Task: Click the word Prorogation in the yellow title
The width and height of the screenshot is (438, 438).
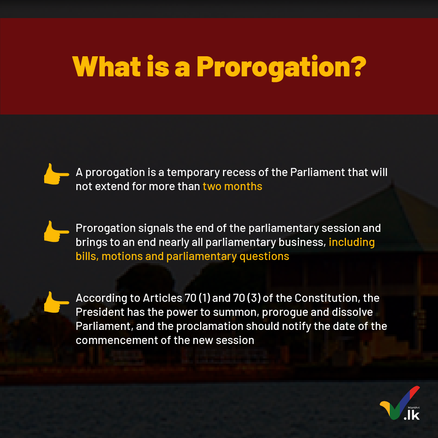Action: coord(274,67)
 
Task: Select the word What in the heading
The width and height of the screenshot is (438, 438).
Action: coord(106,66)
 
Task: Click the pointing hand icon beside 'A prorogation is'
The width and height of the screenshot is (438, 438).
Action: coord(56,174)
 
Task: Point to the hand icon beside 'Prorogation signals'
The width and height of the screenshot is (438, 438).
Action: coord(56,231)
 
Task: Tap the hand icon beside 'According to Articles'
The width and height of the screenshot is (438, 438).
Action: coord(56,302)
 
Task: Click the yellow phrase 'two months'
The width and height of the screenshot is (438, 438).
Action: coord(232,186)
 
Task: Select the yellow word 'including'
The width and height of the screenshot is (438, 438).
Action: coord(352,242)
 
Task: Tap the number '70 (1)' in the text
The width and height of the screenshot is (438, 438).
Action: coord(197,298)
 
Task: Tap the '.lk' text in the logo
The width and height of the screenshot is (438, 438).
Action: coord(412,415)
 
